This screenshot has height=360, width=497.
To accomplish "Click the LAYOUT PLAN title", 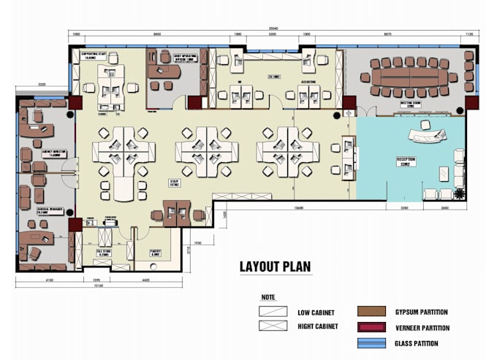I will (x=275, y=267).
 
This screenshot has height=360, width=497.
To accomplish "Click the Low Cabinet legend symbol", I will (x=272, y=312).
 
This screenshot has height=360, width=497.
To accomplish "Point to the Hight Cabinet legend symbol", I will (x=272, y=326).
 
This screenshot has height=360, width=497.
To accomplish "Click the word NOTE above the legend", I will (x=268, y=297).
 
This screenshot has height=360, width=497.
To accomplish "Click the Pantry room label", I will (x=155, y=252).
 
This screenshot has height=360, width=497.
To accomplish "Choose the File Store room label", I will (x=103, y=250).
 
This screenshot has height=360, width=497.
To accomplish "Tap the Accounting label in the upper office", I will (x=309, y=82).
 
